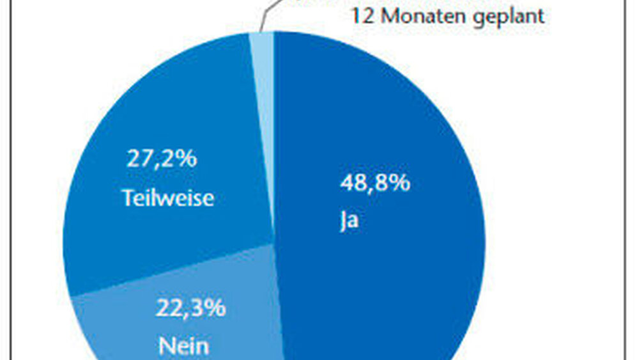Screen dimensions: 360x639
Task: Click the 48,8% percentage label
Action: (374, 184)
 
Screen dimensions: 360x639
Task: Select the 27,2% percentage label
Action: (161, 158)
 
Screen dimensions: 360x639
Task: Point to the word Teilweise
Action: (168, 198)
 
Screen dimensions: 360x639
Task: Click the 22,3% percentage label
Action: (190, 308)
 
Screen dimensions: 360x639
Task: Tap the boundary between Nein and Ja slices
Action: (279, 301)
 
